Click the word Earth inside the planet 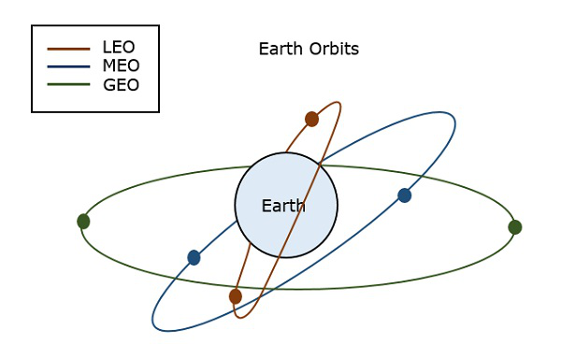pyautogui.click(x=283, y=206)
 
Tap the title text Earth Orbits pyautogui.click(x=309, y=49)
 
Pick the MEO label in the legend pyautogui.click(x=121, y=66)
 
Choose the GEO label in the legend pyautogui.click(x=121, y=85)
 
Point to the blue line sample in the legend pyautogui.click(x=67, y=67)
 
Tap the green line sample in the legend pyautogui.click(x=67, y=85)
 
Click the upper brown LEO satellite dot pyautogui.click(x=312, y=119)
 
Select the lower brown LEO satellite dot pyautogui.click(x=236, y=296)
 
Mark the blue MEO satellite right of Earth pyautogui.click(x=404, y=195)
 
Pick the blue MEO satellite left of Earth pyautogui.click(x=194, y=257)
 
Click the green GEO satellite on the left pyautogui.click(x=83, y=222)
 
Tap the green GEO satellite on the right pyautogui.click(x=514, y=227)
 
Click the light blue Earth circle pyautogui.click(x=309, y=234)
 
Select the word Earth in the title pyautogui.click(x=279, y=49)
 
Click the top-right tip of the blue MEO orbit pyautogui.click(x=453, y=118)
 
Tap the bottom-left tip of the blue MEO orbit pyautogui.click(x=155, y=326)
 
